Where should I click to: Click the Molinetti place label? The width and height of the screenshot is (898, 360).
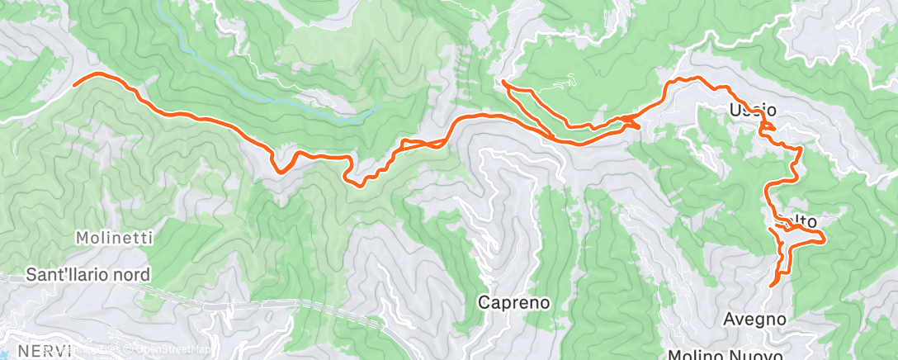(114, 238)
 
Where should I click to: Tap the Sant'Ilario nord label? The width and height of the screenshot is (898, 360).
(87, 273)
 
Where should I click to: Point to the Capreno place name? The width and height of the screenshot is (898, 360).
(514, 302)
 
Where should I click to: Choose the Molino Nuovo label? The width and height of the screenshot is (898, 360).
(726, 354)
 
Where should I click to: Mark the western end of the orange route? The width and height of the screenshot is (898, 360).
(75, 83)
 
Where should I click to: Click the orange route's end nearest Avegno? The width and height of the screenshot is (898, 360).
(772, 286)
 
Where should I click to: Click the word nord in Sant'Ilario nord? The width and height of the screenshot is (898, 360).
(132, 273)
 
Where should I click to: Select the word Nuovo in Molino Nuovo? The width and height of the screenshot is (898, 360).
(754, 355)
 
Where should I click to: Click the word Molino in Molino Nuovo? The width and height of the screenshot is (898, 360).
(695, 355)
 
